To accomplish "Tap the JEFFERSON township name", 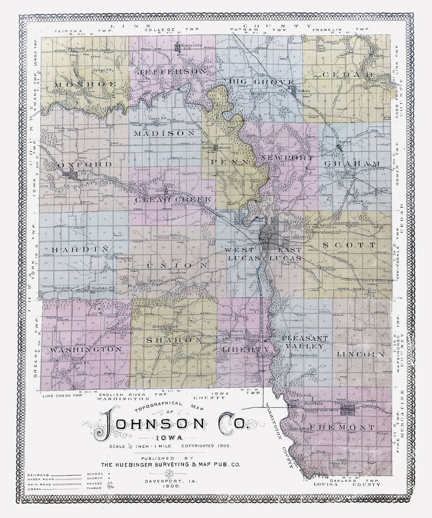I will pyautogui.click(x=173, y=72).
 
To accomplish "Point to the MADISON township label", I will pyautogui.click(x=163, y=133).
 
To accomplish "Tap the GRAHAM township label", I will pyautogui.click(x=350, y=163).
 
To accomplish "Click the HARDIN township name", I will pyautogui.click(x=84, y=249).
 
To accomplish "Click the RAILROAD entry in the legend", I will pyautogui.click(x=36, y=475).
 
